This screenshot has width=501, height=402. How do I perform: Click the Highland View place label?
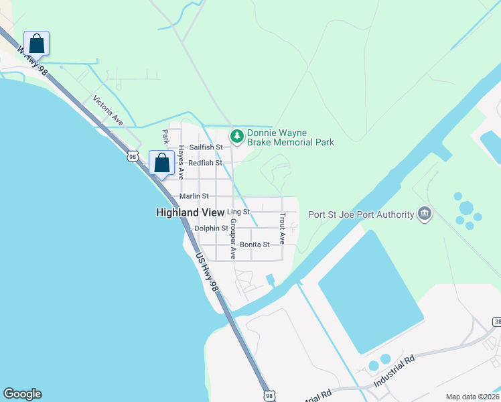coord(186,212)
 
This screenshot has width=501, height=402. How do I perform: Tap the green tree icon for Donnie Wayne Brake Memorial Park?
coord(236,137)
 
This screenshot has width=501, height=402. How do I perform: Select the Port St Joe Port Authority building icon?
coord(424,214)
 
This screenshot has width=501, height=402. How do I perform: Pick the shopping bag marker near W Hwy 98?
coord(37,44)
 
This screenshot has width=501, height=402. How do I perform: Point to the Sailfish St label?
coord(205,147)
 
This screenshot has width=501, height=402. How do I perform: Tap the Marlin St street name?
coord(194,196)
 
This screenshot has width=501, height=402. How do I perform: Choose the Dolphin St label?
coord(211,228)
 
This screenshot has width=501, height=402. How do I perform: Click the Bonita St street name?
coord(255,245)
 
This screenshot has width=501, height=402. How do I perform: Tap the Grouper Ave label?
coord(232,239)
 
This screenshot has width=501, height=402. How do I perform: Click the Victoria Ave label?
coord(109,111)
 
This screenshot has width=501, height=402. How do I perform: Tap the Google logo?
coord(22,394)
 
